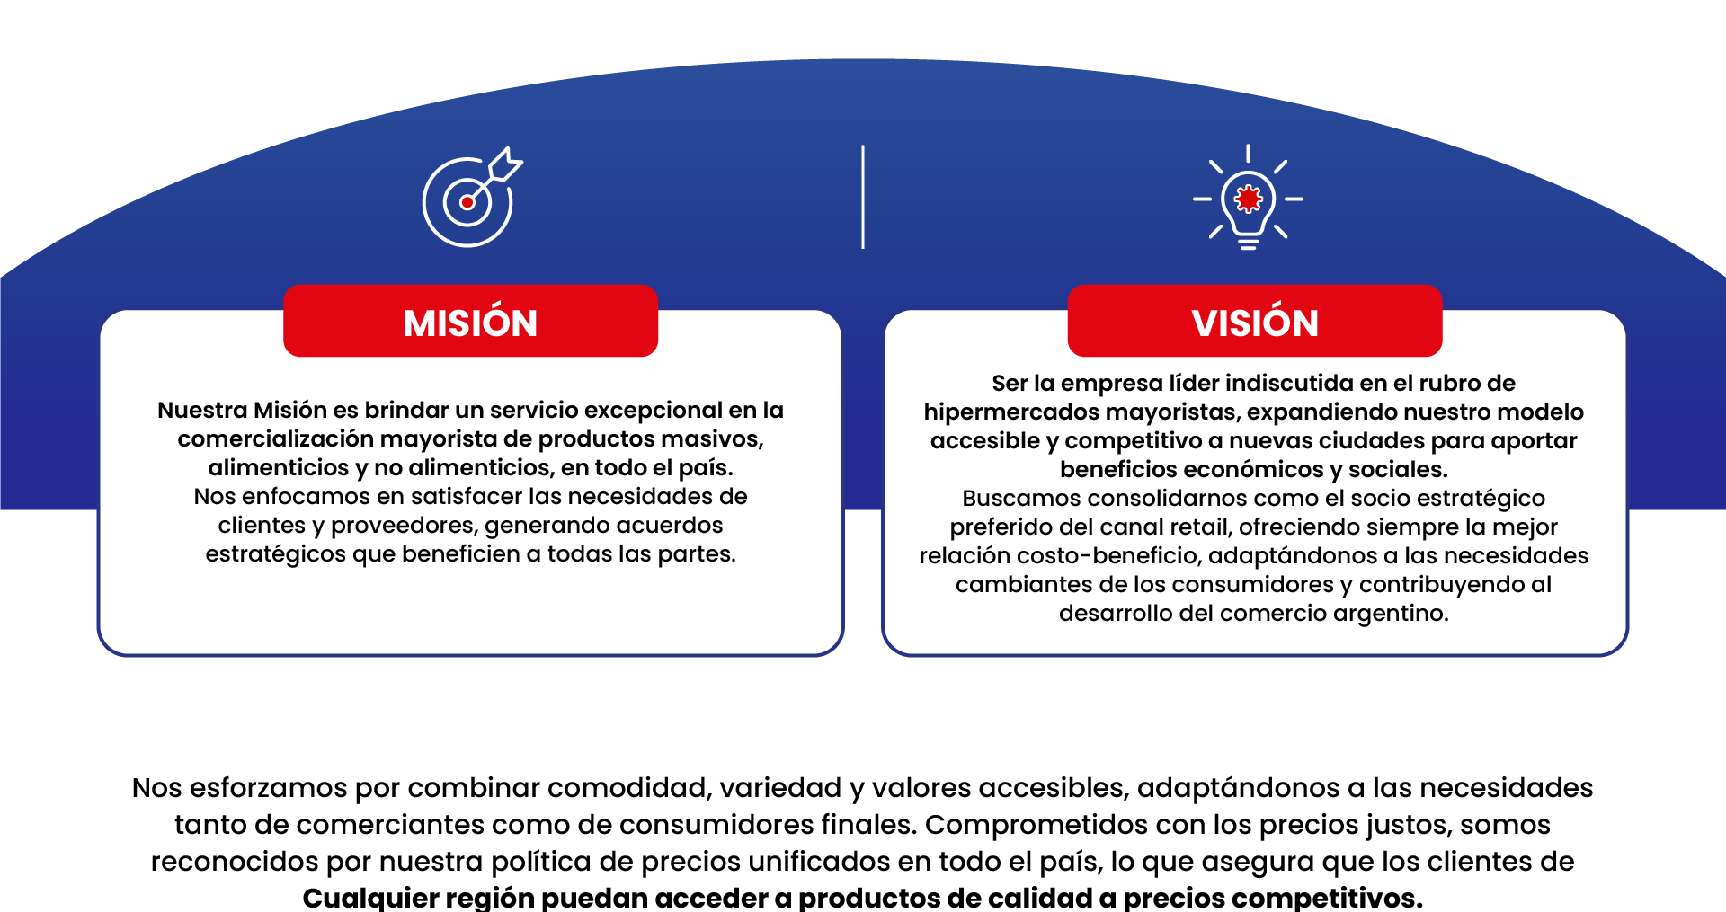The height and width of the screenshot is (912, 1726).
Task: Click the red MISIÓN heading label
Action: pyautogui.click(x=470, y=321)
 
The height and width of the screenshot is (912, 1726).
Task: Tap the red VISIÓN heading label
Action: pyautogui.click(x=1255, y=321)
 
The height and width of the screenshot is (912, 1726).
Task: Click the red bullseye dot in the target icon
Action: pyautogui.click(x=467, y=202)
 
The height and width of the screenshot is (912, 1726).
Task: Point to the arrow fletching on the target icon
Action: pyautogui.click(x=504, y=164)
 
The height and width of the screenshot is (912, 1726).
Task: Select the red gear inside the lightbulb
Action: pyautogui.click(x=1248, y=199)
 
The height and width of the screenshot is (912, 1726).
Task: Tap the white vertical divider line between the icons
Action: pyautogui.click(x=863, y=197)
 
